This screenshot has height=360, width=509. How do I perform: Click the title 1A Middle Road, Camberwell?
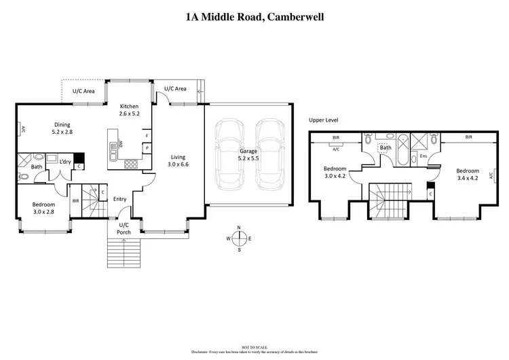(254, 16)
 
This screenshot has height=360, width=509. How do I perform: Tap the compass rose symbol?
(239, 238)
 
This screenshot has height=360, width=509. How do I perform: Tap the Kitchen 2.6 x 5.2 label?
(129, 110)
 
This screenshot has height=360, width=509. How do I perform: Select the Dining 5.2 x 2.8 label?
(62, 128)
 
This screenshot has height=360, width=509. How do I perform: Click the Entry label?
(119, 199)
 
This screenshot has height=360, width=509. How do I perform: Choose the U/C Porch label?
(124, 228)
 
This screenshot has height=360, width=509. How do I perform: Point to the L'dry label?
(66, 161)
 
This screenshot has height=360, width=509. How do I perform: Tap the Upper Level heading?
(323, 120)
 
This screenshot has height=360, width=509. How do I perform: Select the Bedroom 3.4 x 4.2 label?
(467, 175)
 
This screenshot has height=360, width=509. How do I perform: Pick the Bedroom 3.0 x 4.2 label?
(335, 172)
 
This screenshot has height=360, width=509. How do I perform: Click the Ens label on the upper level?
(423, 156)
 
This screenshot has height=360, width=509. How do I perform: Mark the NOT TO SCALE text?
(254, 347)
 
